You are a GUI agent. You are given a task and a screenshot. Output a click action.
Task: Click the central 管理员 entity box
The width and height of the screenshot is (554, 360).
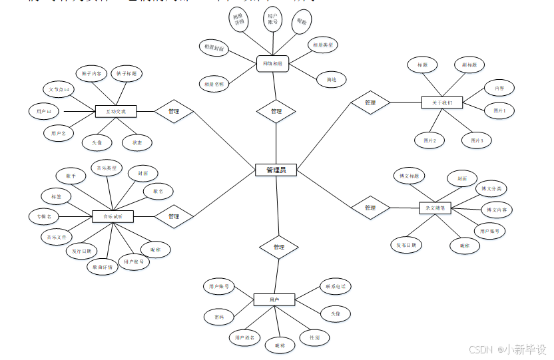point(276,170)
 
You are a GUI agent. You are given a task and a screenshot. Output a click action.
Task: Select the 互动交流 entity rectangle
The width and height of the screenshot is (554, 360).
point(116,111)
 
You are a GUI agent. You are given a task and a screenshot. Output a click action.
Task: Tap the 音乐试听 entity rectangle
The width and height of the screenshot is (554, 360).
point(113,216)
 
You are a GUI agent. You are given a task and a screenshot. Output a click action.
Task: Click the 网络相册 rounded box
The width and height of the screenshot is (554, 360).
point(272,64)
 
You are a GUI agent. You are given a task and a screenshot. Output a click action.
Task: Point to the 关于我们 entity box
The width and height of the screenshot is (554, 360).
point(441,102)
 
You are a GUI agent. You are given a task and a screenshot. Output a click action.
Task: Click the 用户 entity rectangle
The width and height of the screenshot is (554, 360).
point(274,300)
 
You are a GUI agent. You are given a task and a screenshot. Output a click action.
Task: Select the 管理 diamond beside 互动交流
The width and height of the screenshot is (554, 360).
point(174,111)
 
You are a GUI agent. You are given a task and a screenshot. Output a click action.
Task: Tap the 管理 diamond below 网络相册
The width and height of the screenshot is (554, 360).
point(276,111)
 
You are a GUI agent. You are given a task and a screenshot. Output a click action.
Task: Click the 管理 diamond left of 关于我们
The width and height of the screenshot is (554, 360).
point(370,102)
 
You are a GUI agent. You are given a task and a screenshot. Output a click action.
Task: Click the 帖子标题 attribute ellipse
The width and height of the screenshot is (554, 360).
point(126,73)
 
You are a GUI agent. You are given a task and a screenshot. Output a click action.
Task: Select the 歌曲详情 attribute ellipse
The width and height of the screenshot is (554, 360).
point(103,268)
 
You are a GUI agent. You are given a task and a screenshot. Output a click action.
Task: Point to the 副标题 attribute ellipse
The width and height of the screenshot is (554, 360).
point(469,65)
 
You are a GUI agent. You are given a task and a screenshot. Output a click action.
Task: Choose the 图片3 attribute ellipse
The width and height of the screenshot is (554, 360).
point(477,140)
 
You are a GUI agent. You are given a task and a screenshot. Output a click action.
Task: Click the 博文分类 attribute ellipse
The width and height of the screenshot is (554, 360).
point(493,189)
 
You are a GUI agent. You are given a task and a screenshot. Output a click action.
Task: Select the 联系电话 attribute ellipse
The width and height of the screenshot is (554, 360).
point(334,286)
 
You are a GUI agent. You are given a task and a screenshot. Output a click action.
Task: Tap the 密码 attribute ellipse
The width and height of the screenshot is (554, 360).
point(219,315)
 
